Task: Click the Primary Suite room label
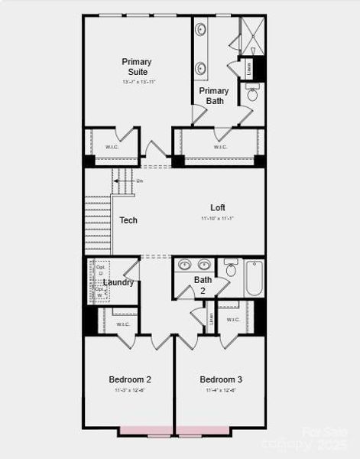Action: click(x=136, y=67)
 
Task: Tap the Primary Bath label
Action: click(x=214, y=96)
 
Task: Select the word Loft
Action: click(x=219, y=207)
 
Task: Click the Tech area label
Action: click(x=128, y=220)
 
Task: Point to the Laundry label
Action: click(x=118, y=282)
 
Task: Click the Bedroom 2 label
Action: click(x=129, y=379)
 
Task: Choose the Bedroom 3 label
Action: click(x=221, y=379)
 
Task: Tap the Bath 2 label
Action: click(x=203, y=285)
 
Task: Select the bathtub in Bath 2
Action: click(x=255, y=280)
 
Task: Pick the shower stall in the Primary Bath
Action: click(x=251, y=34)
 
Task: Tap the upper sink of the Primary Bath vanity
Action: click(x=201, y=31)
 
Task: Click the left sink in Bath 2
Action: click(x=184, y=265)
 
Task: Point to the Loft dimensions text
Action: click(x=219, y=218)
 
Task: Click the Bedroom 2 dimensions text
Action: click(x=129, y=390)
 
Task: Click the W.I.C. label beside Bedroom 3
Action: click(x=233, y=320)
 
